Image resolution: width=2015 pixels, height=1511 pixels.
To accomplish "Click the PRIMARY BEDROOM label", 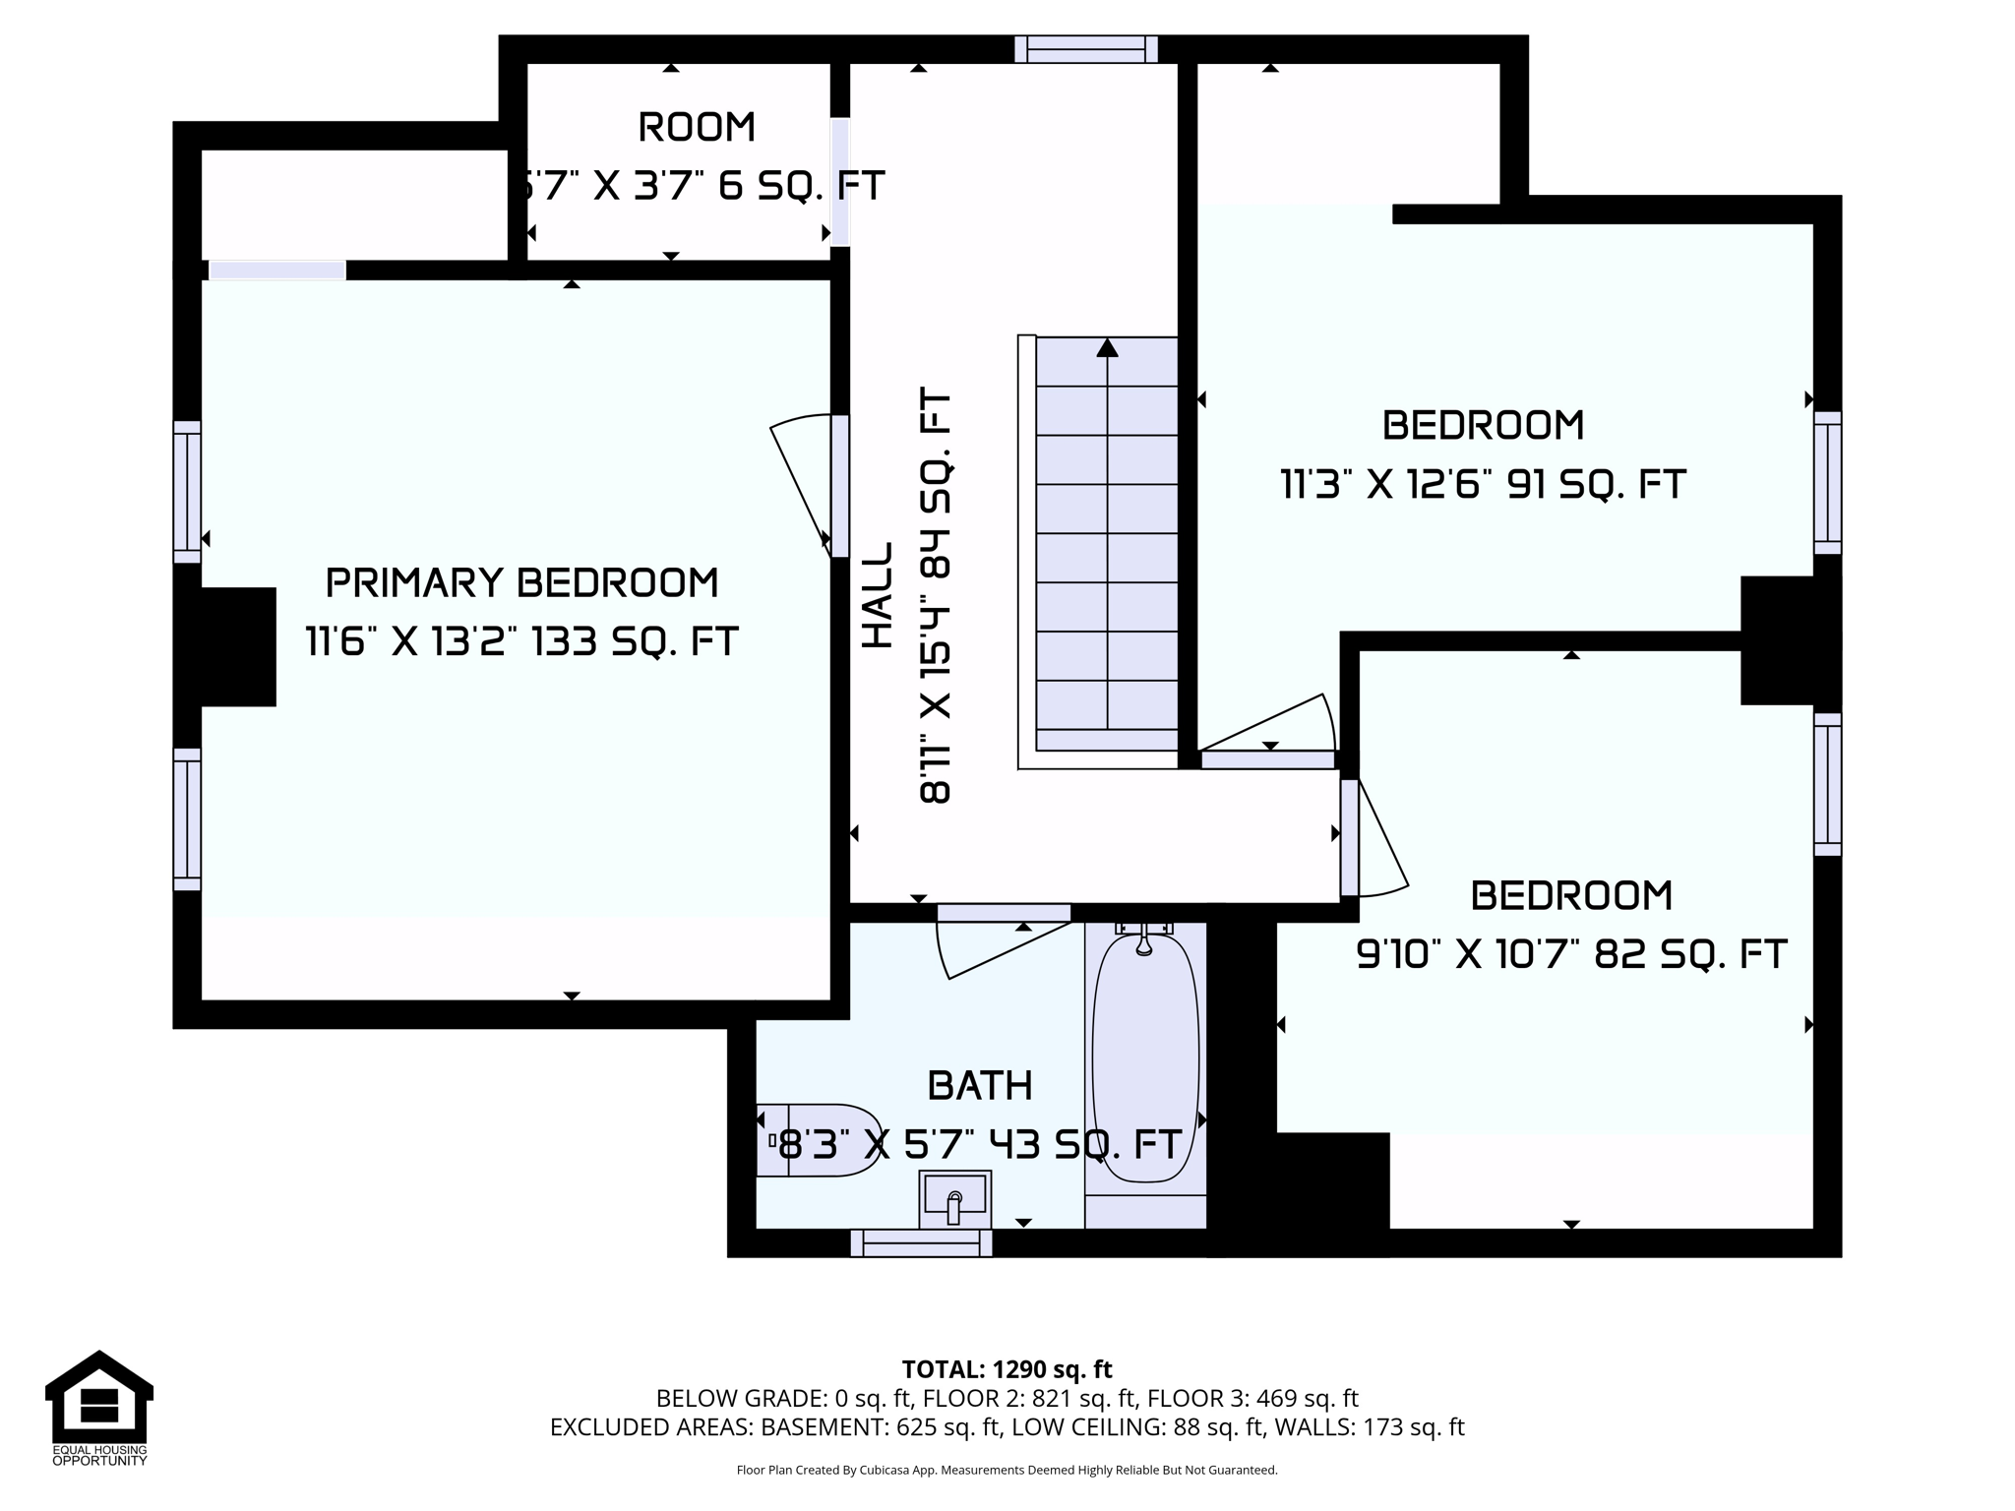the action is [521, 583].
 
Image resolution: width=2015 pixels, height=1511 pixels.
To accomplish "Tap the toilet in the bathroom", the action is [819, 1140].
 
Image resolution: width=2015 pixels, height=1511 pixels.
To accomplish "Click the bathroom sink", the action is [954, 1199].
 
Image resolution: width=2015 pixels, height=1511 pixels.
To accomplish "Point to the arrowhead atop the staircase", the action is [1108, 347].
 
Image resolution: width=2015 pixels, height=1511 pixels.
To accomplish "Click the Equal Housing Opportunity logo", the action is [99, 1408].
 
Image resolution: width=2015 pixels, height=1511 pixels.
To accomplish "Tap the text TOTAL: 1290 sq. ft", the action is [1007, 1369].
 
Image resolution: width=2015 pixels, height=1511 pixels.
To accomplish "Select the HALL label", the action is [878, 595].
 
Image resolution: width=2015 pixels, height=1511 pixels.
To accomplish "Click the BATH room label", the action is [980, 1086].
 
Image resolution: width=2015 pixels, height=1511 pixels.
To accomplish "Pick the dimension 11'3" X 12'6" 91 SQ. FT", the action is [1483, 485].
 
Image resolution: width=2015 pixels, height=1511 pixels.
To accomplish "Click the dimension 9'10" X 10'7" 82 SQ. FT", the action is [1571, 954].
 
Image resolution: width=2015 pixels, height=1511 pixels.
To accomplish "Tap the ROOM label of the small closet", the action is [697, 127].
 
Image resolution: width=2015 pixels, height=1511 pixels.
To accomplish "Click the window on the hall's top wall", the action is [1086, 49].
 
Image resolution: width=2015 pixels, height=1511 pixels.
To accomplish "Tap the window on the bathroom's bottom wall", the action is [921, 1243].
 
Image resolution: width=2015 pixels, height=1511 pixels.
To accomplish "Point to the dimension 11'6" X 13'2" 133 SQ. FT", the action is [521, 642].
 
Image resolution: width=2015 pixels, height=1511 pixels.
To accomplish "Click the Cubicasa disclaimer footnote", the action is [1007, 1471].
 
